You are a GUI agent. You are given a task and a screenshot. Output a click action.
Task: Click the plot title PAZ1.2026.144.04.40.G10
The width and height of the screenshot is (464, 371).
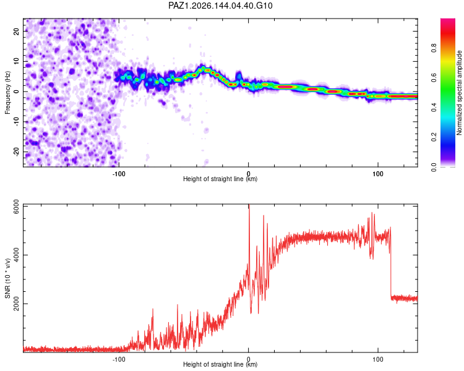coord(220,6)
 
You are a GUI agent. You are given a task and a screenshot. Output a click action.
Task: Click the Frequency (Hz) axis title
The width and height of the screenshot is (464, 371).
coord(7,93)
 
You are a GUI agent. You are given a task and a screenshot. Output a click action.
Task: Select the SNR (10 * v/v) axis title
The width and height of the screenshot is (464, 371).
coord(7,278)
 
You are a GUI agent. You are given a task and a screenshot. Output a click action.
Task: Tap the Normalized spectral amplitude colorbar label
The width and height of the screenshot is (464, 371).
coord(459,93)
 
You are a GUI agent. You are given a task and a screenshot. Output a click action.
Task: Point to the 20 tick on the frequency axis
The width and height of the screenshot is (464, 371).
coord(17,32)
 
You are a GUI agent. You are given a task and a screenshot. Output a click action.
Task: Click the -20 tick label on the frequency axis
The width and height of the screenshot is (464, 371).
coord(17,152)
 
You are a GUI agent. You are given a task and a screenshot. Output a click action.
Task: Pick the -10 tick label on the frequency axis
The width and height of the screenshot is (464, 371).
coord(17,122)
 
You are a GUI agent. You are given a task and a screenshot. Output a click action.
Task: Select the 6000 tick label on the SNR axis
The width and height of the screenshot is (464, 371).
coord(17,207)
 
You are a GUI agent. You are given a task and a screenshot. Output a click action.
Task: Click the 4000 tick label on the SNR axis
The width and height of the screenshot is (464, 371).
coord(17,255)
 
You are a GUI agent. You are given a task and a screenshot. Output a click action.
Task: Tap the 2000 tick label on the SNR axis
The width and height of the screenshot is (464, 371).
coord(17,304)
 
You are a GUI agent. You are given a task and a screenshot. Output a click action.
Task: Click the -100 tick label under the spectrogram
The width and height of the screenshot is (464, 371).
coord(119,174)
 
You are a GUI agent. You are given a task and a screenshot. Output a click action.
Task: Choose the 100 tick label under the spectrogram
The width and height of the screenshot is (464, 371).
coord(378,174)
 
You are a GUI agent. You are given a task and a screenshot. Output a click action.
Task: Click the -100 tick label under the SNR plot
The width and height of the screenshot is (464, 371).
coord(119,359)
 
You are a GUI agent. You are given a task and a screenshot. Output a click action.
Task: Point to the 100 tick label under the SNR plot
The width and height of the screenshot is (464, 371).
coord(378,359)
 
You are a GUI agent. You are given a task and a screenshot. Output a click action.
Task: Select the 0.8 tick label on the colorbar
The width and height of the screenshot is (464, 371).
coord(434,48)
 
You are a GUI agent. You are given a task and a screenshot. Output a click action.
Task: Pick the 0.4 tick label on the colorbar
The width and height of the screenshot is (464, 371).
coord(434,108)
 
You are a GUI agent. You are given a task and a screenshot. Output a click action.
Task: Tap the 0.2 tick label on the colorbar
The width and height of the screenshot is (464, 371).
coord(434,137)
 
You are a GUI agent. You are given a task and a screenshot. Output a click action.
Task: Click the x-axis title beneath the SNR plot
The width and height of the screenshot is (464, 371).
coord(220,364)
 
